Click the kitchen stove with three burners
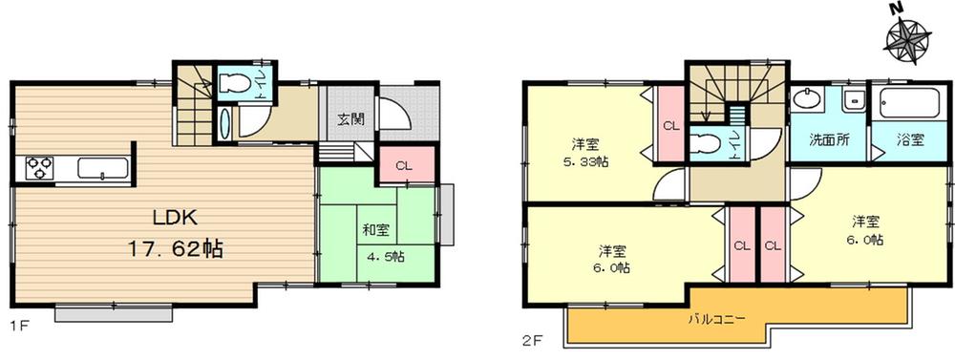(x=40, y=169)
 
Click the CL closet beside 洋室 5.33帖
(x=669, y=124)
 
